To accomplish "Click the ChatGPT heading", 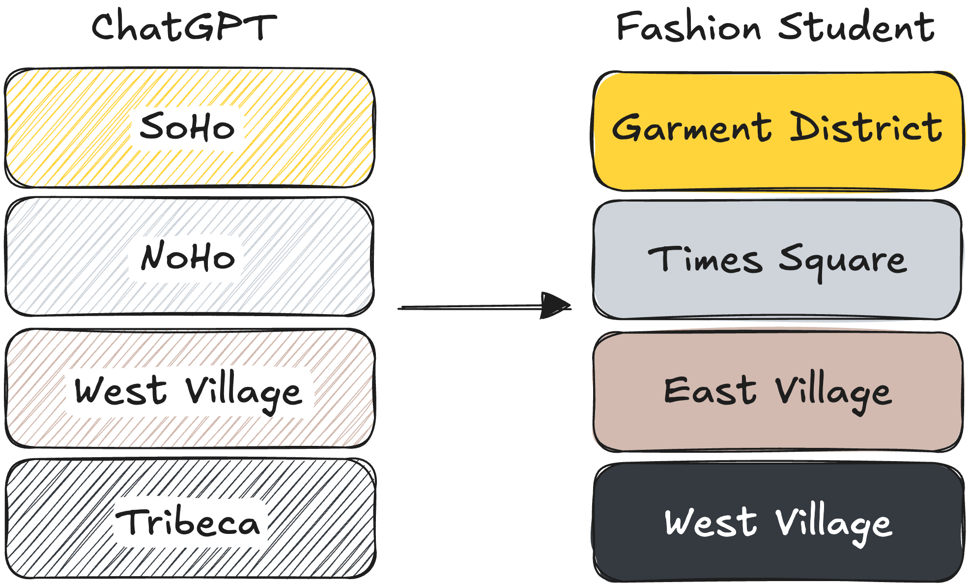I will tap(184, 27).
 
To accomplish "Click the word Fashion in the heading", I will tap(688, 27).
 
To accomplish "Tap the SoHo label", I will tap(187, 127).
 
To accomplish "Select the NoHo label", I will tap(188, 256).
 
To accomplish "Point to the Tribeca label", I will tap(187, 522).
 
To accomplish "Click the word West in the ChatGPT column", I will tap(120, 391).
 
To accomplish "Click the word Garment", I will tap(691, 128).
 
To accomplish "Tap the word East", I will tap(710, 391).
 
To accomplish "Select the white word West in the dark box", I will tap(711, 522).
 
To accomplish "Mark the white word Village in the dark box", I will tap(833, 524).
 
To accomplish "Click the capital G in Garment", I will tap(627, 128).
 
